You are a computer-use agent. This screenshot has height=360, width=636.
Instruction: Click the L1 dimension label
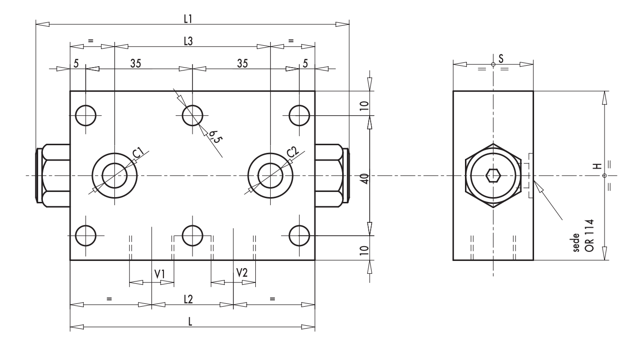(x=188, y=18)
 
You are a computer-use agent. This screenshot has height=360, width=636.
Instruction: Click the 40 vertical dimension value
(x=364, y=178)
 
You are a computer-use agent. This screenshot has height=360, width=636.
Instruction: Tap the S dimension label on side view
(x=500, y=58)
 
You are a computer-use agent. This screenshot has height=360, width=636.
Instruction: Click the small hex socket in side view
(x=493, y=176)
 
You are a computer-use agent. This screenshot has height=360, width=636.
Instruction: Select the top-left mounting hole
(x=86, y=115)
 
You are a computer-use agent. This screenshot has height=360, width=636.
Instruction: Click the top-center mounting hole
(x=192, y=115)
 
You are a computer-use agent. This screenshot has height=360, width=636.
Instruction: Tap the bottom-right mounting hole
(x=300, y=235)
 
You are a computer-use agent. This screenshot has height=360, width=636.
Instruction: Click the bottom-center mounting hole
(x=192, y=235)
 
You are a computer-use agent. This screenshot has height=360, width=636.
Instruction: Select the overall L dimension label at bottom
(x=190, y=321)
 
